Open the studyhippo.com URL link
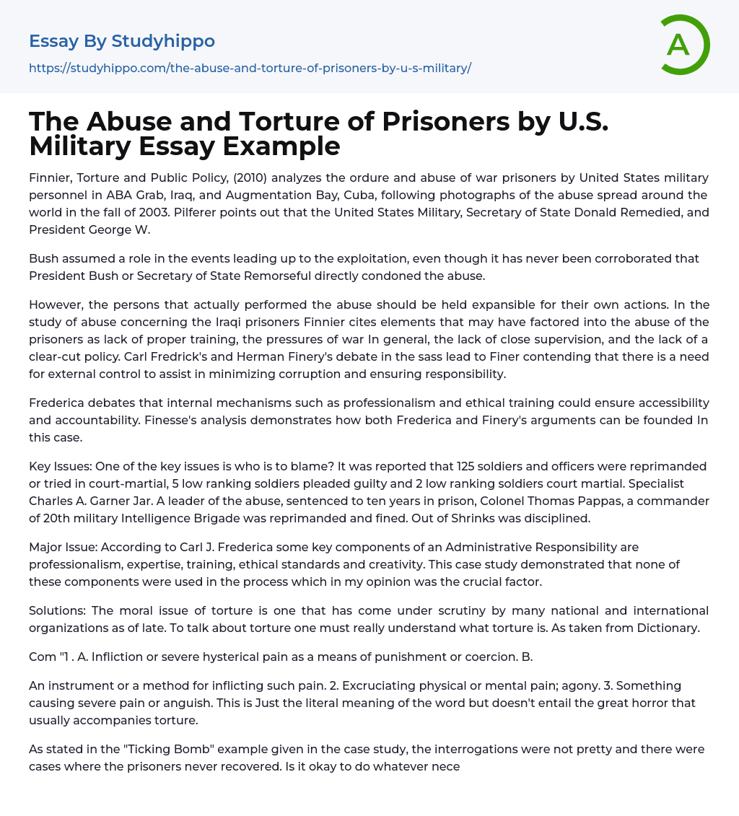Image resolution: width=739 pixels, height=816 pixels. pyautogui.click(x=250, y=68)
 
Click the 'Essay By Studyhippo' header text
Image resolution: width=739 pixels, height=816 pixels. pyautogui.click(x=122, y=41)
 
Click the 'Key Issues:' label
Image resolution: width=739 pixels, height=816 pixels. pyautogui.click(x=61, y=466)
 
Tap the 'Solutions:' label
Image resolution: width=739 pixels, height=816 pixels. pyautogui.click(x=58, y=610)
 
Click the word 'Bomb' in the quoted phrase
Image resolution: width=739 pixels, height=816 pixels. pyautogui.click(x=184, y=749)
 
